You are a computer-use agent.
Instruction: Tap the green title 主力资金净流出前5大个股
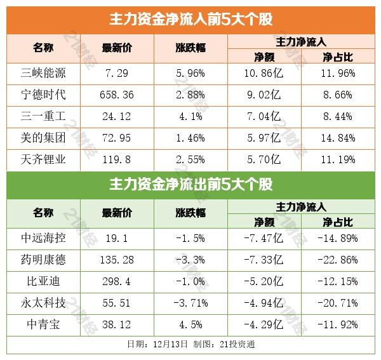(x=190, y=185)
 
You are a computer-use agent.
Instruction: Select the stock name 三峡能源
(x=43, y=73)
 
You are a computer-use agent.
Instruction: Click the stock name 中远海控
(x=43, y=238)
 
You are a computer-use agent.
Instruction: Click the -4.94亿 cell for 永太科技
(x=262, y=302)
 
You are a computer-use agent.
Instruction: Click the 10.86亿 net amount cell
(x=262, y=73)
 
